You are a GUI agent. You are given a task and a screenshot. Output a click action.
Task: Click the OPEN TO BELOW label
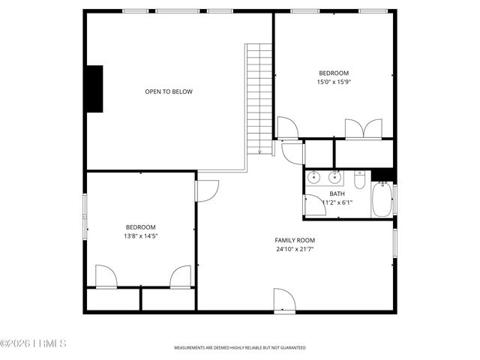click(x=169, y=91)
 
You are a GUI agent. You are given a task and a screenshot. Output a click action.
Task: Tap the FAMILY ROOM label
click(x=293, y=240)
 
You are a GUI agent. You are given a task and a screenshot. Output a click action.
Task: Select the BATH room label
click(x=337, y=193)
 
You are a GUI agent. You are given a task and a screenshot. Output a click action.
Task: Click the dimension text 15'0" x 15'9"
click(x=334, y=82)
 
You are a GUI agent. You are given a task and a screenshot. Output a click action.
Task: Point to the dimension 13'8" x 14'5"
click(x=141, y=236)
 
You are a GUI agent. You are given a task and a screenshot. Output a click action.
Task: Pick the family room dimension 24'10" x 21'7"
click(x=293, y=249)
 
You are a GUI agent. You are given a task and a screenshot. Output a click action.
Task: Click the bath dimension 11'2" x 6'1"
click(x=337, y=202)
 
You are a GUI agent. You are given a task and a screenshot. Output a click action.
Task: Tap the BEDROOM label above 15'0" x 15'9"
click(x=334, y=73)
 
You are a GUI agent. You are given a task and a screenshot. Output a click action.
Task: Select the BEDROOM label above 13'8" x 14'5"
click(x=140, y=227)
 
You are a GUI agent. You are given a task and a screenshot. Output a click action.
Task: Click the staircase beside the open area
click(x=259, y=97)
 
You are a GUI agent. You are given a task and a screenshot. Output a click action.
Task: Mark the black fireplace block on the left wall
click(x=94, y=88)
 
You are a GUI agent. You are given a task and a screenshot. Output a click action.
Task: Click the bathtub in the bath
click(x=382, y=200)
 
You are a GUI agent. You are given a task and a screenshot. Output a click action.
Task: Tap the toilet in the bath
click(x=359, y=181)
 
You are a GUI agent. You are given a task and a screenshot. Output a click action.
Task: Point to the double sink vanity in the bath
click(x=325, y=178)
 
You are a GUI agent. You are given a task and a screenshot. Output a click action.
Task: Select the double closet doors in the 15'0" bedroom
click(x=364, y=129)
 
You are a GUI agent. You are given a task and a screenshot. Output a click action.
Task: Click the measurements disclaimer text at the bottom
click(x=240, y=348)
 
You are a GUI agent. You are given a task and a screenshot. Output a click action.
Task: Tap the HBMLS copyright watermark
click(x=34, y=344)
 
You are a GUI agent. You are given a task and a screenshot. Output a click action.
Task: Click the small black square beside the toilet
click(x=382, y=176)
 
